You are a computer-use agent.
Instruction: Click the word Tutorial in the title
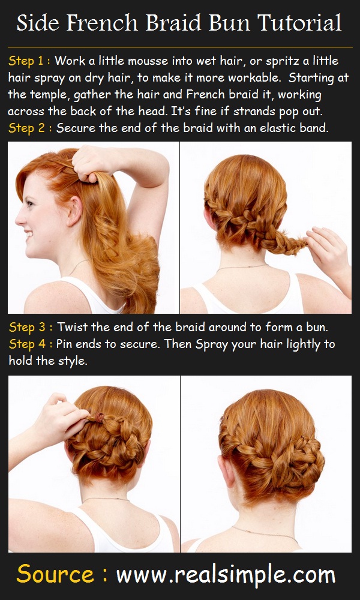(299, 24)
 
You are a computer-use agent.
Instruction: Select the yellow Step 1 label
(30, 61)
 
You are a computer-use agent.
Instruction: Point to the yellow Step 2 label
(30, 128)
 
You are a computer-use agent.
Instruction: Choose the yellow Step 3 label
(30, 328)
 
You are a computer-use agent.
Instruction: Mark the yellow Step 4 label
(30, 344)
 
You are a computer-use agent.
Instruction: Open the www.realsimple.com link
(225, 575)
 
